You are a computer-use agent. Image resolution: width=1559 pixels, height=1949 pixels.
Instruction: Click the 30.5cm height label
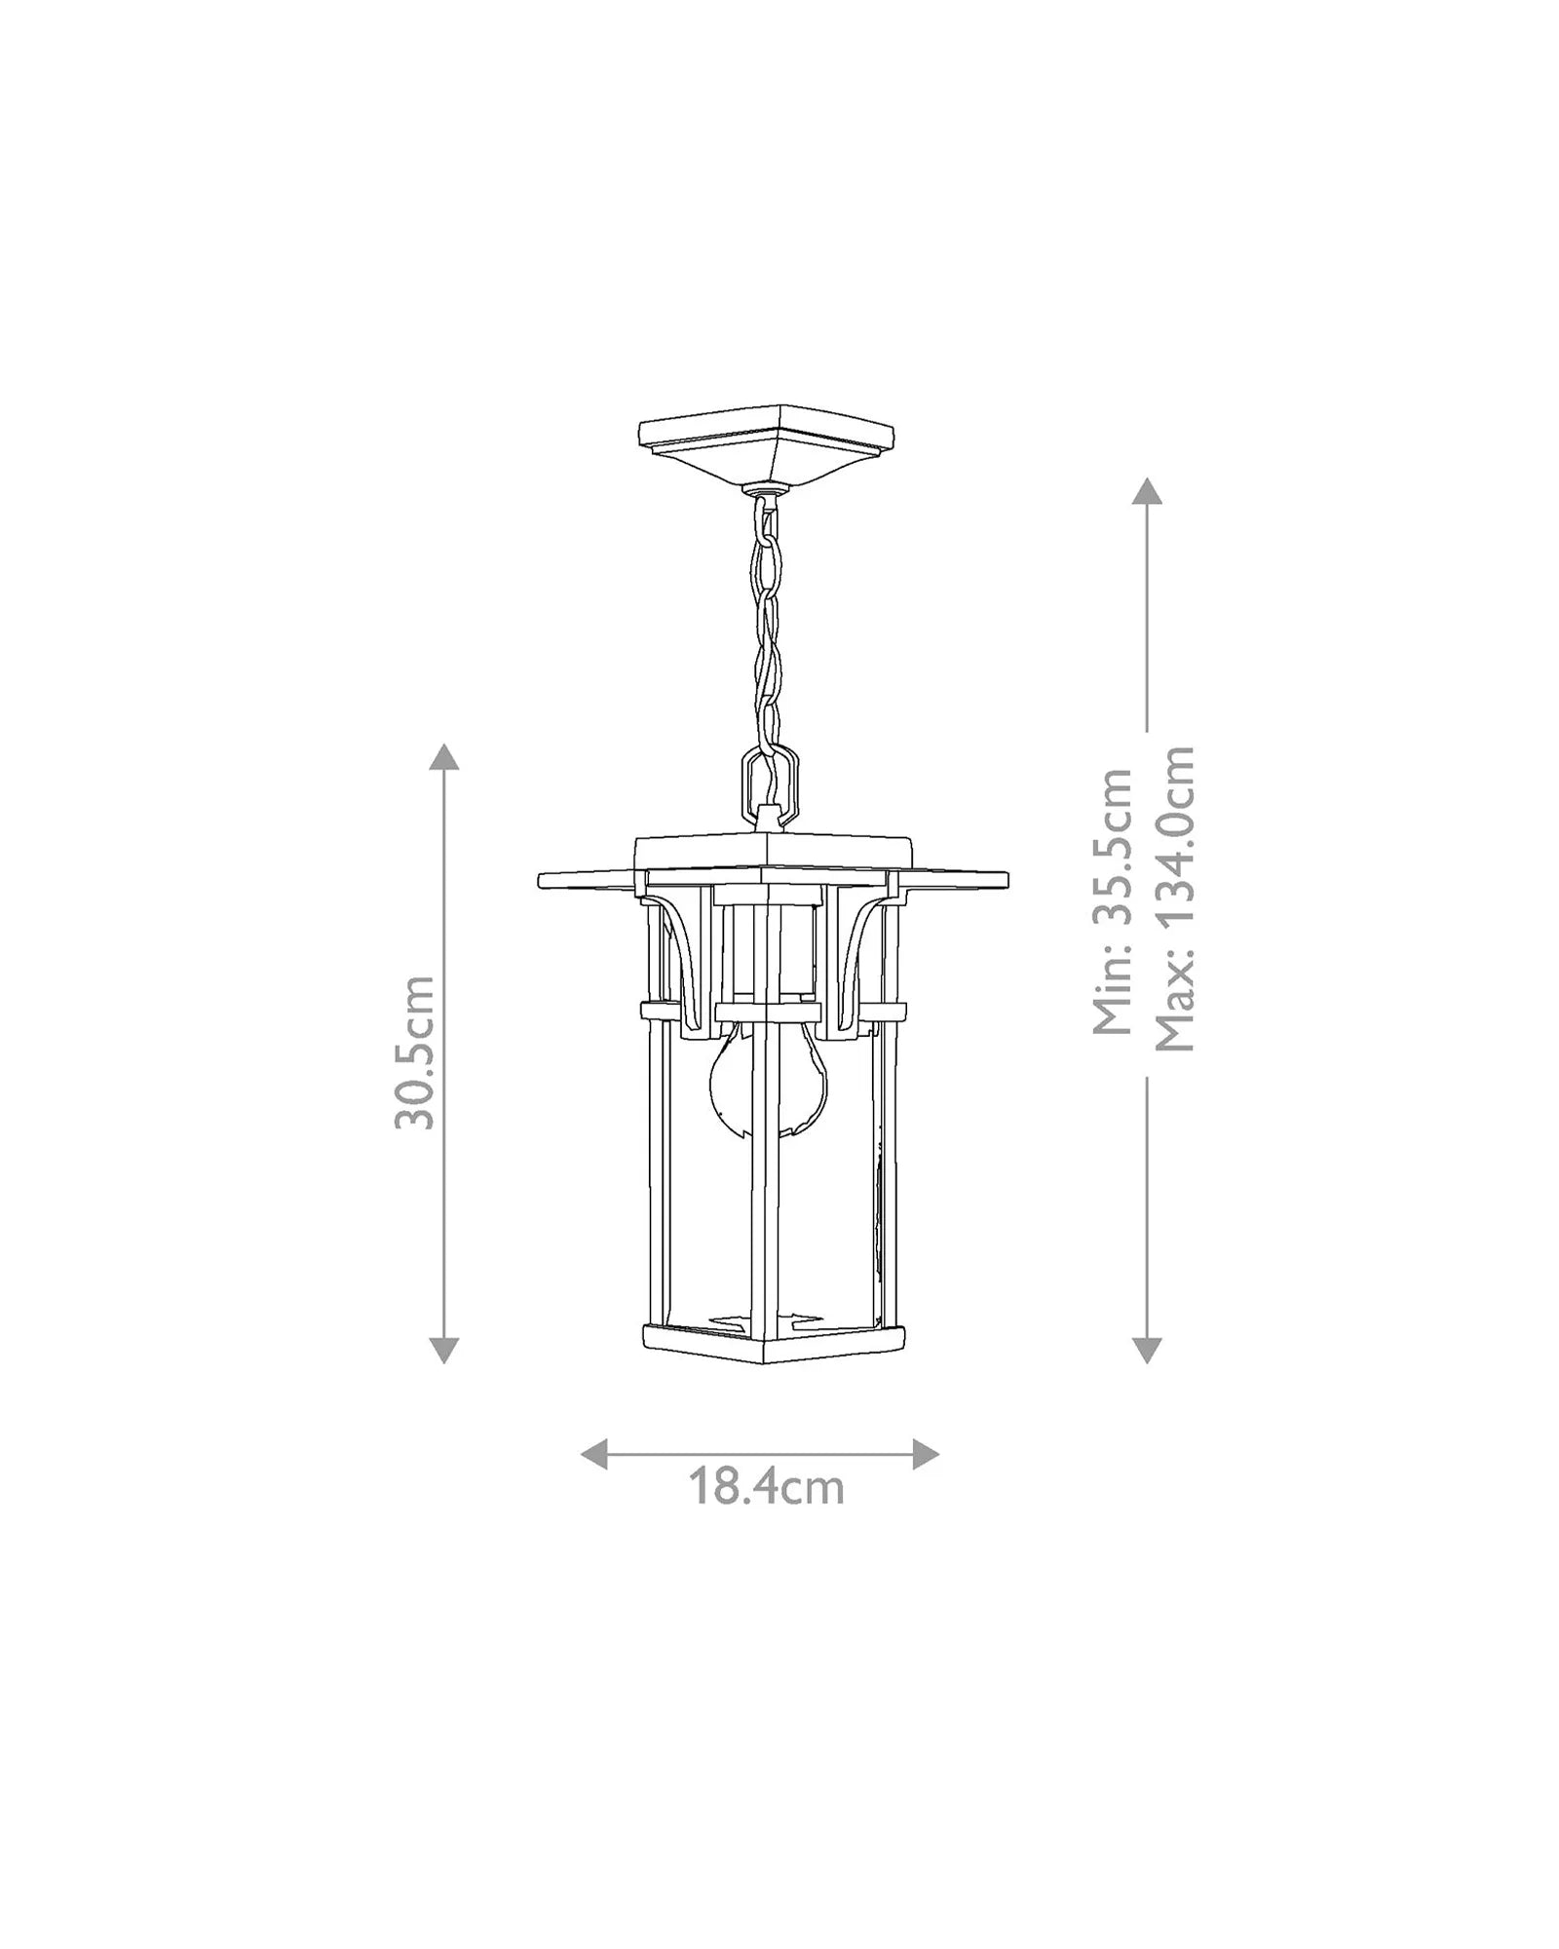[x=413, y=1052]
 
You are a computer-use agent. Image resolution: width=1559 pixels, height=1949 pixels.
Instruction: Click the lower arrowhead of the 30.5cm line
[x=444, y=1349]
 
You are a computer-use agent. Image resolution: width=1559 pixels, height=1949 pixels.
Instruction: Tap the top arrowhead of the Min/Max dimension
[x=1147, y=490]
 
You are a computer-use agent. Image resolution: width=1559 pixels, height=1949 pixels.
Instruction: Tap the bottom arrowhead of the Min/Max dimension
[x=1147, y=1349]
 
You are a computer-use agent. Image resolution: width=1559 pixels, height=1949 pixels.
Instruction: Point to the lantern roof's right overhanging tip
[x=1000, y=880]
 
